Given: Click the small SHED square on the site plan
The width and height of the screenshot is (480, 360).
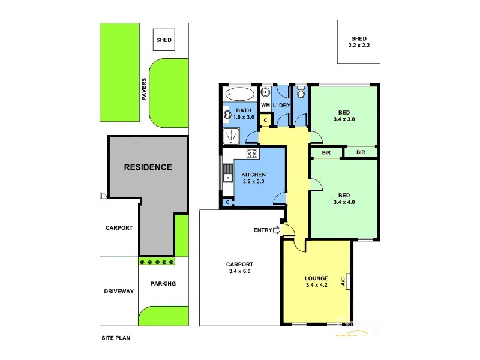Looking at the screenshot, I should (x=164, y=40).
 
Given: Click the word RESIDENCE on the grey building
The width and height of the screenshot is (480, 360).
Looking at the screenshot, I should (x=148, y=167).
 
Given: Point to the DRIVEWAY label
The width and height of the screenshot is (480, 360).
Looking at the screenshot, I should (x=118, y=291).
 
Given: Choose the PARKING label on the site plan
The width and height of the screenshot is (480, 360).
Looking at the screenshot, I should (x=163, y=284).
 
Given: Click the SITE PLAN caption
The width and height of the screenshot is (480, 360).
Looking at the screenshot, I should (x=116, y=338).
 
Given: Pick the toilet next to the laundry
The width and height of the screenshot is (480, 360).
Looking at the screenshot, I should (x=301, y=93).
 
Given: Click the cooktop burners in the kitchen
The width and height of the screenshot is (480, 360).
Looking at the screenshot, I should (x=253, y=154).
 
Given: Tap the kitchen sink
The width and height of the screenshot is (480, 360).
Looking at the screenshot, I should (x=227, y=173).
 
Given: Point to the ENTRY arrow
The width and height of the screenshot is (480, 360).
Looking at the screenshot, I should (x=277, y=230).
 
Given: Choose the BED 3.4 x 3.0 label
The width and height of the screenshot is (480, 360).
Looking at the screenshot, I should (x=344, y=115).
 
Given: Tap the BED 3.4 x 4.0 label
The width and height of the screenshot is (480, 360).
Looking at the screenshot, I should (x=344, y=199).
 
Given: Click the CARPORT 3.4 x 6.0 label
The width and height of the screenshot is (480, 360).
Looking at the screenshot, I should (x=239, y=268).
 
